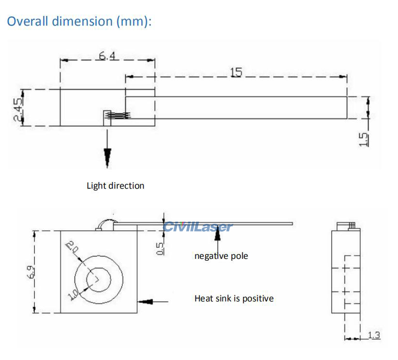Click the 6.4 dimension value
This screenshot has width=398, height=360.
pyautogui.click(x=107, y=56)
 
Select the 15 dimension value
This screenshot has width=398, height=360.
pyautogui.click(x=236, y=72)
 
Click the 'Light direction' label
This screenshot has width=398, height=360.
pyautogui.click(x=115, y=185)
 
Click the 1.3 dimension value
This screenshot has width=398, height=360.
pyautogui.click(x=373, y=335)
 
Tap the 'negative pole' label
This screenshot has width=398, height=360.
pyautogui.click(x=221, y=255)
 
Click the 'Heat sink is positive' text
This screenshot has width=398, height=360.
pyautogui.click(x=234, y=299)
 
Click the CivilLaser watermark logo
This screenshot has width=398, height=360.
pyautogui.click(x=198, y=226)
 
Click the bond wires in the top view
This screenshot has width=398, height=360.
pyautogui.click(x=119, y=115)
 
